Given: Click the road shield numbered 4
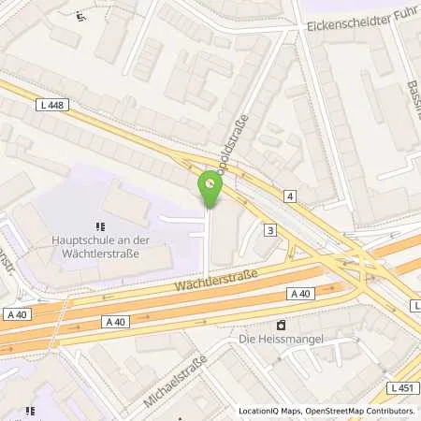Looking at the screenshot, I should (x=291, y=196).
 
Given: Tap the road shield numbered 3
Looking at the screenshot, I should (x=270, y=229).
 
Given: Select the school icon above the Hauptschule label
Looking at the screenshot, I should (x=101, y=225).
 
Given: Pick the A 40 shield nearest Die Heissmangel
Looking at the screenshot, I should (x=299, y=294).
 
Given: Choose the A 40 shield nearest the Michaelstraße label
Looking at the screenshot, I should (x=115, y=322).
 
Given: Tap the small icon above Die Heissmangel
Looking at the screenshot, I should (x=279, y=325).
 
